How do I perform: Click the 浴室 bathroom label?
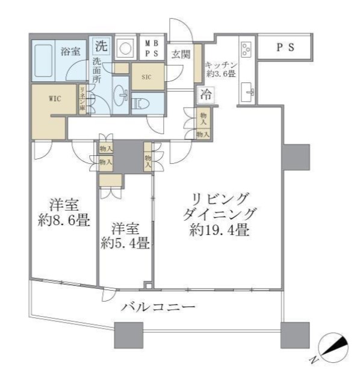70,51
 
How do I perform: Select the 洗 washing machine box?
102,45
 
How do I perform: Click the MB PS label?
151,47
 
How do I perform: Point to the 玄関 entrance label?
181,54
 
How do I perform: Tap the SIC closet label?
146,76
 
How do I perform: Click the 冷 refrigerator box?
206,94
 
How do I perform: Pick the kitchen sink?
247,92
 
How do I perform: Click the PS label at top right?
285,48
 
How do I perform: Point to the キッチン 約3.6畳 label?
220,69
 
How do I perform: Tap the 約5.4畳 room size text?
125,244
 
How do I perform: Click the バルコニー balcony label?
158,307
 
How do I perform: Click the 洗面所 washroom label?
98,70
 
